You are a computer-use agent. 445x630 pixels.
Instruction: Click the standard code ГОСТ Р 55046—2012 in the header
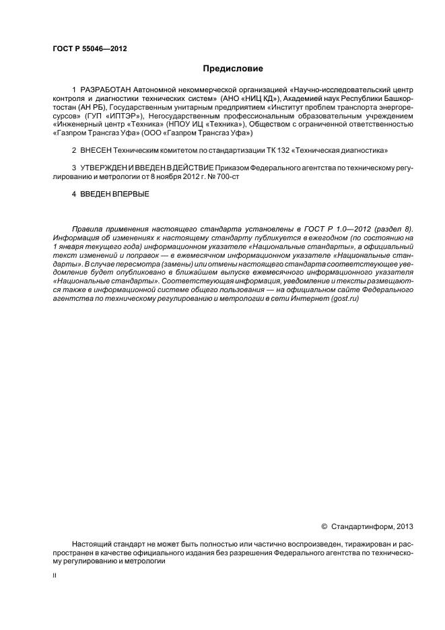90,48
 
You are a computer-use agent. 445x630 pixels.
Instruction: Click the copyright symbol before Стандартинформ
324,526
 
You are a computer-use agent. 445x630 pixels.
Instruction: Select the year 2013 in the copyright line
404,526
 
